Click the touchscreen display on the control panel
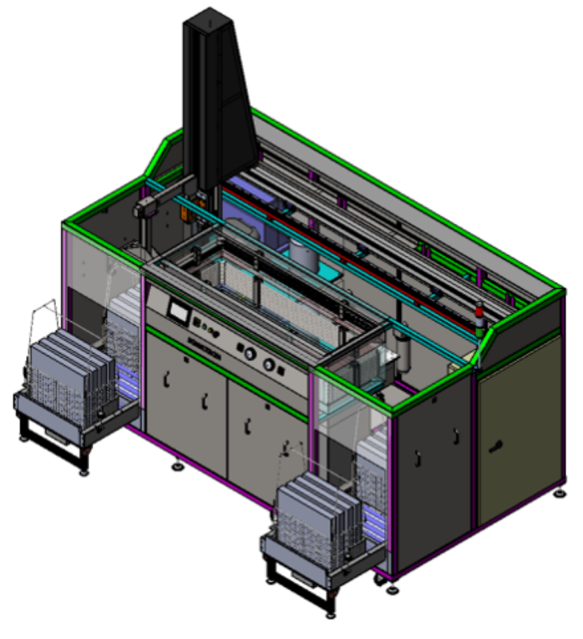pos(176,310)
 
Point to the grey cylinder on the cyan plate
pos(303,256)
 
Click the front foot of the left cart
pos(83,471)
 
